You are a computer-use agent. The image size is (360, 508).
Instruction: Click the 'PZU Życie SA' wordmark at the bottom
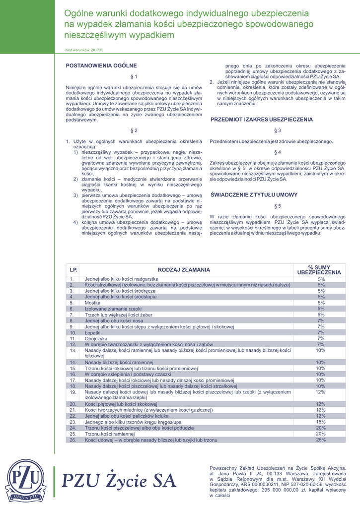coord(119,480)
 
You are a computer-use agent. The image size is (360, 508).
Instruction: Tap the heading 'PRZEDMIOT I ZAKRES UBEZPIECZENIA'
coord(262,120)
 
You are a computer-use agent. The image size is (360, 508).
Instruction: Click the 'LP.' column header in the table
coord(73,270)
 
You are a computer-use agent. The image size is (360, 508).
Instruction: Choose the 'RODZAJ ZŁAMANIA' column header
coord(184,270)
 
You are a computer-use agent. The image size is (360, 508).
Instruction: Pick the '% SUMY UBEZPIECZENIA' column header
coord(319,270)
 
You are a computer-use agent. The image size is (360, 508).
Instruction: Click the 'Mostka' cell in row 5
coord(92,303)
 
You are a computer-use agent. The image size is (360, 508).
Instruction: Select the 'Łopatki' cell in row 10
coord(93,332)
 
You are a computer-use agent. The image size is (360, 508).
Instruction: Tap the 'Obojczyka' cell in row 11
coord(95,338)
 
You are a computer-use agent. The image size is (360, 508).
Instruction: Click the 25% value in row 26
coord(321,440)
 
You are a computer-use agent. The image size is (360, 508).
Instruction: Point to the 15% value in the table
coord(321,422)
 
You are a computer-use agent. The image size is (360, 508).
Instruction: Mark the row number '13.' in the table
coord(72,350)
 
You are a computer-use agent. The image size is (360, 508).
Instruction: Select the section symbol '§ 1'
coord(134,76)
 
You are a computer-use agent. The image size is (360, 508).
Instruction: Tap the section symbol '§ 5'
coord(278,206)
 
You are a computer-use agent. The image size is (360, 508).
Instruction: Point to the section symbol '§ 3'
coord(278,130)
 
